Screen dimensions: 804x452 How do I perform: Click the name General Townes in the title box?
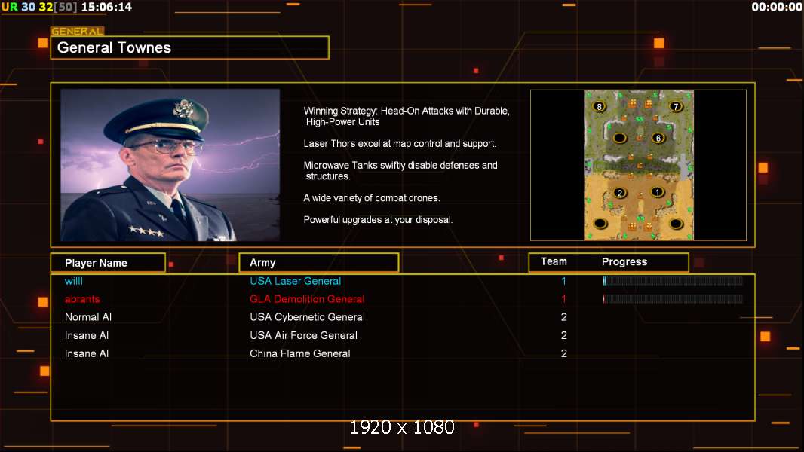click(114, 47)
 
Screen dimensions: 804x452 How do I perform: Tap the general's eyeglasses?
click(166, 148)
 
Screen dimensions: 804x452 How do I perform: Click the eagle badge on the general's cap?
click(183, 108)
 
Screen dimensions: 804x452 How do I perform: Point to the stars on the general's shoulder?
click(146, 231)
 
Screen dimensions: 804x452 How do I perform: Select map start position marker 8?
click(599, 106)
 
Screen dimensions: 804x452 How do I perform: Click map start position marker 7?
click(676, 106)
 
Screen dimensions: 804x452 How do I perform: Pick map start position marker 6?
click(658, 138)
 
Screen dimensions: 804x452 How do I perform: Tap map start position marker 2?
click(620, 193)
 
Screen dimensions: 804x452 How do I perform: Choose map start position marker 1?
click(658, 192)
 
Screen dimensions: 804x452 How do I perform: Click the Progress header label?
click(624, 262)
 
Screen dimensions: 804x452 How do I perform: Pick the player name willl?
click(74, 281)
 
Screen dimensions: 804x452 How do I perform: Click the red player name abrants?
click(82, 299)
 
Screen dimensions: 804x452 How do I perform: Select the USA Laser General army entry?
click(296, 281)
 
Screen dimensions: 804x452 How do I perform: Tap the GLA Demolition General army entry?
click(307, 299)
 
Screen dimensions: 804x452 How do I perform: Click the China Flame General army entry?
click(300, 353)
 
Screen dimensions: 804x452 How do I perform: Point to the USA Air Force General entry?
click(303, 335)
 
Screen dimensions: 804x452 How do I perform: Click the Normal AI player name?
click(88, 317)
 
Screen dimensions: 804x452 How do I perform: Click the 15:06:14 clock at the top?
click(106, 8)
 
